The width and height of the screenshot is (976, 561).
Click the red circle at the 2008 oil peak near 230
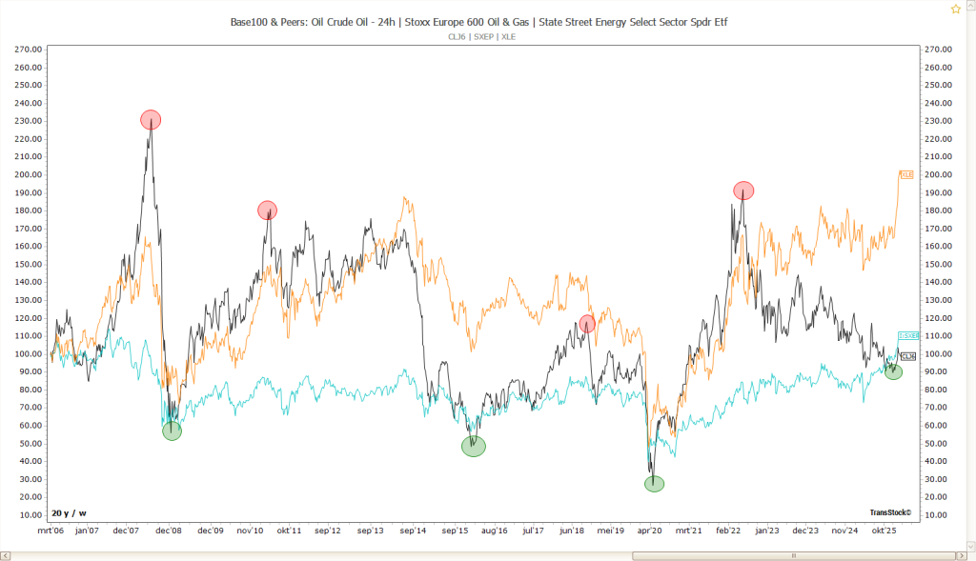tap(151, 120)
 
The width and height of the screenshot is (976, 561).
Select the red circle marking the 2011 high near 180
tap(267, 210)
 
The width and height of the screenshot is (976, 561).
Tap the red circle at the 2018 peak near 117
tap(587, 324)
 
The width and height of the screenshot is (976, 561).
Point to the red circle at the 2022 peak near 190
tap(743, 190)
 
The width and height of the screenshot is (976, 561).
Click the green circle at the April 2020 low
tap(654, 484)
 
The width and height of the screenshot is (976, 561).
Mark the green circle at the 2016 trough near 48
tap(474, 446)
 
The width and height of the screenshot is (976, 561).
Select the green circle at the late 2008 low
tap(172, 431)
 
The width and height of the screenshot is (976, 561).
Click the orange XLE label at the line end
tap(906, 175)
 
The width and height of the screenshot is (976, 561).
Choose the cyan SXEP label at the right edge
tap(907, 336)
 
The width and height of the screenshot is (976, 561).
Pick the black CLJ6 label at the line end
tap(907, 356)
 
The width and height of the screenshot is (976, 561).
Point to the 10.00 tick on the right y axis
tap(938, 515)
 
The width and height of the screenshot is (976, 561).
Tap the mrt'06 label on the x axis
tap(51, 531)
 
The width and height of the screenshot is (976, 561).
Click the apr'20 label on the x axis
tap(650, 531)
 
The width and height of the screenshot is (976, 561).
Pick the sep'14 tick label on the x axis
tap(413, 531)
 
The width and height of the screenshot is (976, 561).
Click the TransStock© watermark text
tap(890, 512)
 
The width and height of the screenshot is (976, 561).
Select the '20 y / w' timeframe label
tap(70, 512)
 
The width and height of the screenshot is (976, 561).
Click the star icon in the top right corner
tap(955, 9)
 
